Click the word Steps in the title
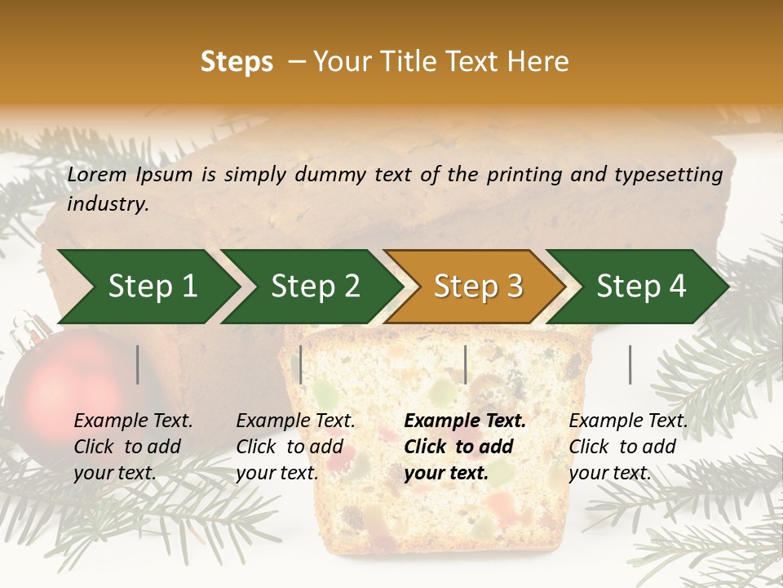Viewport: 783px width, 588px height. [x=237, y=62]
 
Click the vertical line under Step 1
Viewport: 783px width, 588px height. [x=138, y=364]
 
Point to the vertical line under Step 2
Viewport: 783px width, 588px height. [x=301, y=364]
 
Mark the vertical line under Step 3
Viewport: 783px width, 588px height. [x=465, y=364]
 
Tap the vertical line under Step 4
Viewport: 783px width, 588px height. [x=630, y=364]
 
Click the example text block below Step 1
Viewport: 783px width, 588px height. [x=133, y=447]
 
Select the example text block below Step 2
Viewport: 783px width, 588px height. [x=295, y=447]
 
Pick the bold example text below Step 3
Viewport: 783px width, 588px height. [x=465, y=447]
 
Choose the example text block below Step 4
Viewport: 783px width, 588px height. [x=628, y=447]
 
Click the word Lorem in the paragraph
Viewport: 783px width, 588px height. [x=97, y=175]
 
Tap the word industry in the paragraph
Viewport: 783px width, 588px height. [x=108, y=204]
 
